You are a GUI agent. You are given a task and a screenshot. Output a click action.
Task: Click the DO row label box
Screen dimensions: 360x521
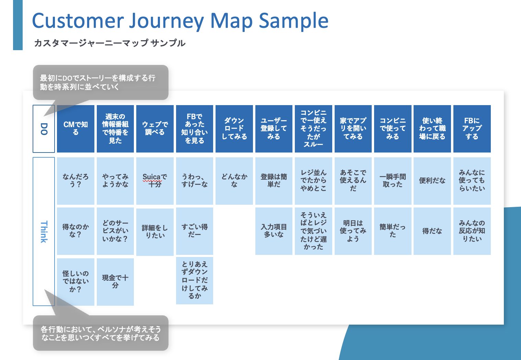[44, 129]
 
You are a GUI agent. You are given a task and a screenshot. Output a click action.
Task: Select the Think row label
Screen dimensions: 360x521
[44, 231]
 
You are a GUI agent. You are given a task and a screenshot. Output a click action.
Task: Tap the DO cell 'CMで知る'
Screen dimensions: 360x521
[76, 129]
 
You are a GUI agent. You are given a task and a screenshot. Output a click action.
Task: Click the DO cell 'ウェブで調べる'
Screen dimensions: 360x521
[155, 129]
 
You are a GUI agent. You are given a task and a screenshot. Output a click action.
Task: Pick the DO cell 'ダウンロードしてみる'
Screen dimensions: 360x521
[234, 129]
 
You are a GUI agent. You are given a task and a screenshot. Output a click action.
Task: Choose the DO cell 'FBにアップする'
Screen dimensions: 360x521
[472, 129]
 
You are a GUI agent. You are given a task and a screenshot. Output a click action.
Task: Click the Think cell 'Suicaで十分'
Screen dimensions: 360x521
[155, 181]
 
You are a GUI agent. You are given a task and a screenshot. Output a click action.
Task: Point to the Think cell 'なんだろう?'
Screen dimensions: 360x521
[76, 181]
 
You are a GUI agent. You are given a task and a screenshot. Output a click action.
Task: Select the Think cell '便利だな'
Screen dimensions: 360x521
[432, 181]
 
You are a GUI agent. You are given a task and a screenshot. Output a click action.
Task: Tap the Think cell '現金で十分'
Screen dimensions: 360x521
[115, 282]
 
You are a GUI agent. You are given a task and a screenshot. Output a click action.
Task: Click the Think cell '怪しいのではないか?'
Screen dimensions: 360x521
[76, 282]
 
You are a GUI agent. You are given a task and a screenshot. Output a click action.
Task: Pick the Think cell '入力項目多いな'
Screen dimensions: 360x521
[274, 231]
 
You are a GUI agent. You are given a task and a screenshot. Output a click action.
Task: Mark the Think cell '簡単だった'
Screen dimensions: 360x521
[393, 231]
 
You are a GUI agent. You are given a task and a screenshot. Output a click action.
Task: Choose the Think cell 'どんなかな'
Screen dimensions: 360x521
[234, 181]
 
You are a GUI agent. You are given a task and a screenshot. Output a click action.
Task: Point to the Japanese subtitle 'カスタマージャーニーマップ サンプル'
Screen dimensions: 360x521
[110, 43]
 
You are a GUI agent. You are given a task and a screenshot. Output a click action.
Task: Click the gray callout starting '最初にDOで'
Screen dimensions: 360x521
[101, 82]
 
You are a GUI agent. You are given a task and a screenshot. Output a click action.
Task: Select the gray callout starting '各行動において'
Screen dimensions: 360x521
[101, 333]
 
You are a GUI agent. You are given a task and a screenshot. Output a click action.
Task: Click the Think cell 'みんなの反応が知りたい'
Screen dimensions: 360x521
[472, 231]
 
